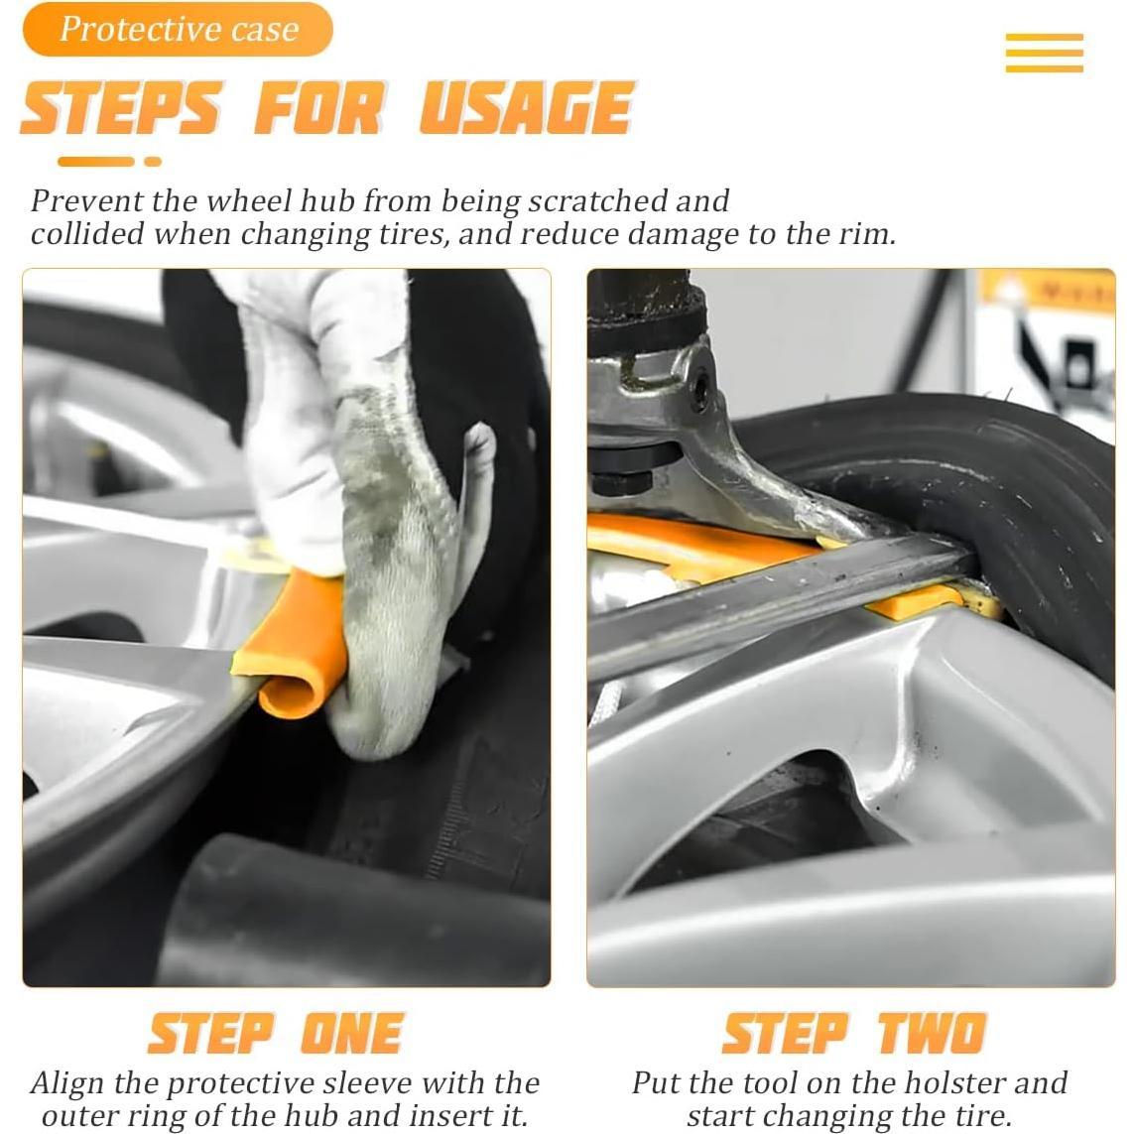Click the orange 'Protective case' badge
[178, 30]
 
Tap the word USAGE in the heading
[527, 108]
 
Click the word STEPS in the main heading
[121, 108]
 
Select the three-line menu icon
[1044, 52]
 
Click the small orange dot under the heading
[153, 162]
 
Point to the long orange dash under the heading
[96, 162]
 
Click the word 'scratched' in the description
[596, 201]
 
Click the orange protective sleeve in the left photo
[292, 644]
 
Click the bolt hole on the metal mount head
[700, 391]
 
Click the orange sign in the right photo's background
[1049, 291]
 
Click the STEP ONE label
[276, 1034]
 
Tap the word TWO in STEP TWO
[933, 1033]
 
